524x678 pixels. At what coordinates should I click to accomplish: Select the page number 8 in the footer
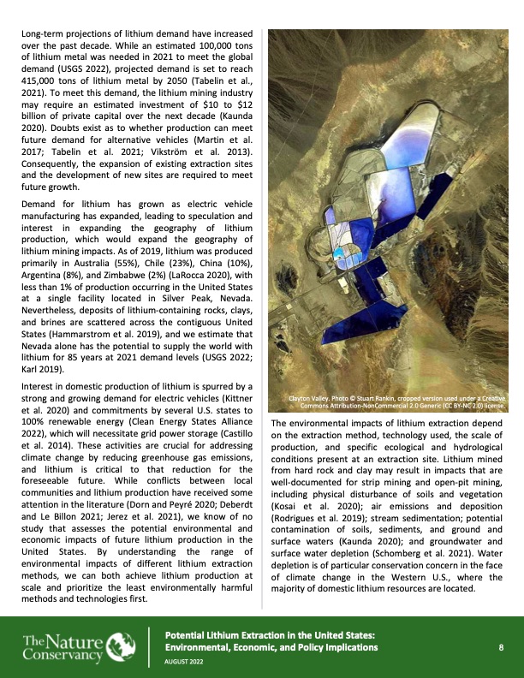click(x=500, y=648)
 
